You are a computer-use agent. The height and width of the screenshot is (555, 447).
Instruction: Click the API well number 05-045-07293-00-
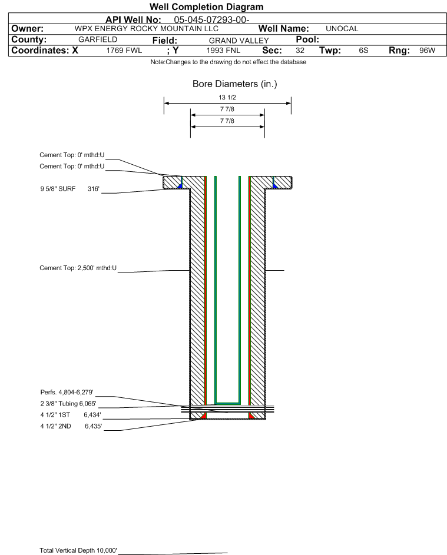point(211,20)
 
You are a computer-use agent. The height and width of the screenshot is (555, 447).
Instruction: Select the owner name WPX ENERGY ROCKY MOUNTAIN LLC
point(146,29)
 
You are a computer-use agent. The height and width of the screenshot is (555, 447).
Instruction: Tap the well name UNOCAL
point(342,29)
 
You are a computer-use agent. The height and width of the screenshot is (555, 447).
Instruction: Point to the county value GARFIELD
point(98,39)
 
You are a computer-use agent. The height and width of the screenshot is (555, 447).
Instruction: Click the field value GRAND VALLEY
point(239,41)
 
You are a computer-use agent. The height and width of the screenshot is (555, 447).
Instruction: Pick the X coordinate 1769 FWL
point(124,50)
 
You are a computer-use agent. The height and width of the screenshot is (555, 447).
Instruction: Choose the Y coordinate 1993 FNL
point(223,50)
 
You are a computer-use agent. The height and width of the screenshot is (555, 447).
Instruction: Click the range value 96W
point(427,50)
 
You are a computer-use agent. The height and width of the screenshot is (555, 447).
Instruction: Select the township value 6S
point(363,50)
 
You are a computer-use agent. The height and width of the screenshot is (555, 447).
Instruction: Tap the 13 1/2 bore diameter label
point(227,97)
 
